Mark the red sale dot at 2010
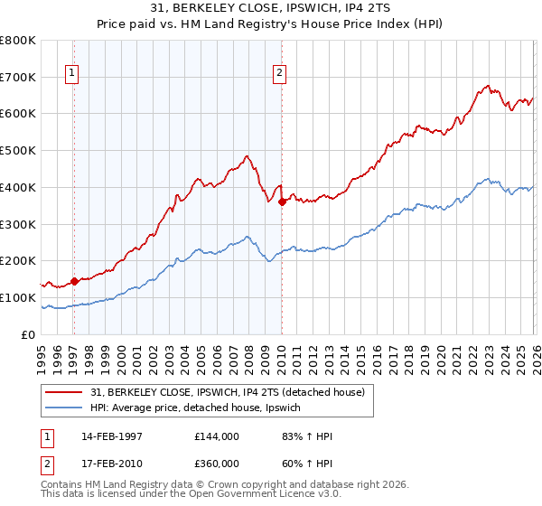(282, 201)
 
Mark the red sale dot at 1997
(75, 281)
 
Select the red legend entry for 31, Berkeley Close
(227, 391)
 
